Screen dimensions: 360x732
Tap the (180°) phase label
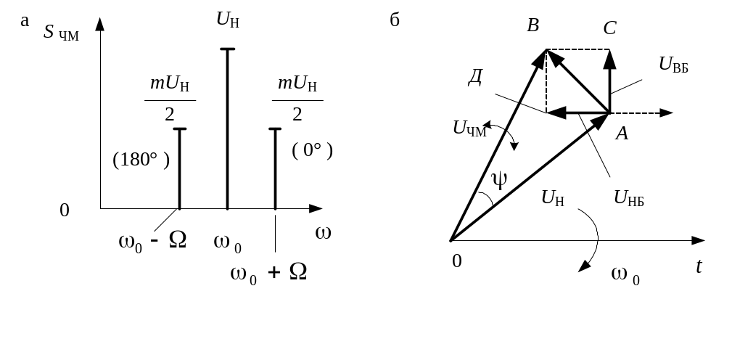click(x=141, y=159)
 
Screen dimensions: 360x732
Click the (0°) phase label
click(x=312, y=151)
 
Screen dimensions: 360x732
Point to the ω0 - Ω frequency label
click(x=152, y=240)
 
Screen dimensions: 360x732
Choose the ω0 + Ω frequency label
click(x=268, y=273)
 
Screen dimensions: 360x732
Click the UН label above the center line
click(x=228, y=20)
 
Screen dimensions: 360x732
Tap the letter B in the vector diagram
click(x=533, y=27)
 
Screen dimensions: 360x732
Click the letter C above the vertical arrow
click(x=609, y=28)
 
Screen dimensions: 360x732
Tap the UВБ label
click(x=673, y=65)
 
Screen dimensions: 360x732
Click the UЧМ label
click(x=469, y=129)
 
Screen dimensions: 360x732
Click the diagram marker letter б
click(x=395, y=20)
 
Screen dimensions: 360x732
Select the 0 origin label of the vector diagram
click(x=456, y=261)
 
